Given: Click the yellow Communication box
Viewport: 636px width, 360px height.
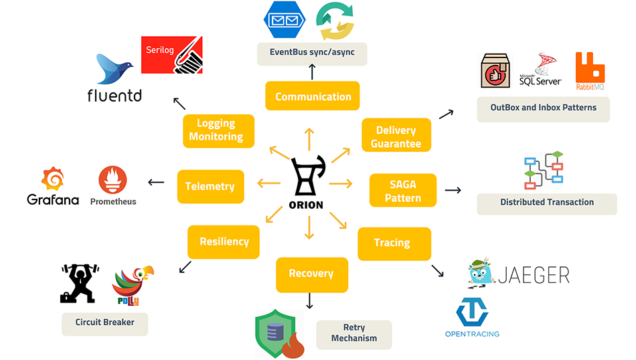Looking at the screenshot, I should (x=313, y=96).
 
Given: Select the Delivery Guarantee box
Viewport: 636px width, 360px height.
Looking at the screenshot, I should (x=396, y=137).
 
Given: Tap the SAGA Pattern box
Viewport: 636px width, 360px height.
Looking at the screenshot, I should (x=403, y=191).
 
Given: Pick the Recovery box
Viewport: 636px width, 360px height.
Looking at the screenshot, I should (x=311, y=274).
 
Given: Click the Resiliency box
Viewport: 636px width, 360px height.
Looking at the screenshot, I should (x=224, y=242).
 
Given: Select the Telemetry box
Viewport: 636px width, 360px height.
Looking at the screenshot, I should (x=210, y=187).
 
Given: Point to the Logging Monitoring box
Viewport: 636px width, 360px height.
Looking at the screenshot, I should (x=216, y=130).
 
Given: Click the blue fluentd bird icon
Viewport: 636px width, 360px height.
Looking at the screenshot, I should (x=115, y=70).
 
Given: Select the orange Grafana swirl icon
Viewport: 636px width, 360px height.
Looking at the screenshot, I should (x=53, y=179).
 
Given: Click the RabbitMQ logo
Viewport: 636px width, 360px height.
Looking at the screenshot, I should (x=590, y=72).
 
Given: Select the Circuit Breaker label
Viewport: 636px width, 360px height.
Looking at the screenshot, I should (x=104, y=323).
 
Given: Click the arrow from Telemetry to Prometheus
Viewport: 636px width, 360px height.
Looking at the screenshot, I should (x=155, y=182).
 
